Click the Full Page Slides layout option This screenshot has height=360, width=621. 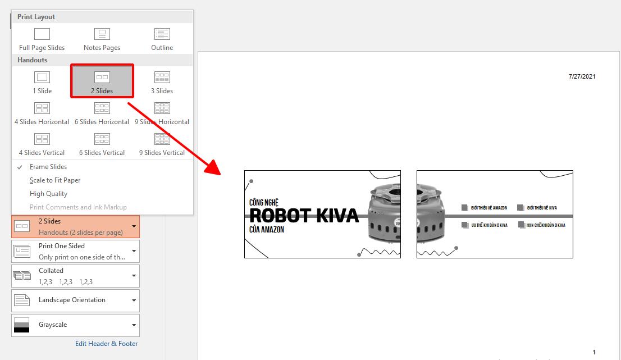[42, 39]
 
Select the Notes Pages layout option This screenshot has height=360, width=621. [102, 39]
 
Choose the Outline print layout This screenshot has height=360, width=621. [162, 39]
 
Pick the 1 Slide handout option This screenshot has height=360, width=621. [42, 82]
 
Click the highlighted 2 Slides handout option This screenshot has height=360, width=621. [102, 82]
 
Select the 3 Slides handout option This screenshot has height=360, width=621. [162, 82]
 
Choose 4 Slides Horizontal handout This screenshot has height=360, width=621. [42, 113]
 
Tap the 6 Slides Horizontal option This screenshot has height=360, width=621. [102, 113]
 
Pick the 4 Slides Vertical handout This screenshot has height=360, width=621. [42, 144]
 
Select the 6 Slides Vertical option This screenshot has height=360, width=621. [102, 144]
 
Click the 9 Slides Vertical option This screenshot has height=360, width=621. [162, 144]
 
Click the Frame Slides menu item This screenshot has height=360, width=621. [48, 167]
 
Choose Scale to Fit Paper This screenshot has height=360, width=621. [55, 180]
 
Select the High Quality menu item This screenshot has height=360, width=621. [48, 194]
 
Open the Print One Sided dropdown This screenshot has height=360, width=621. [76, 251]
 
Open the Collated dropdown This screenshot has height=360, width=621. [76, 276]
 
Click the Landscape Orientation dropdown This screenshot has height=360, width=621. [76, 300]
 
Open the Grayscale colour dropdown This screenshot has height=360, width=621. [76, 325]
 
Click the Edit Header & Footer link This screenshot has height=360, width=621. [107, 344]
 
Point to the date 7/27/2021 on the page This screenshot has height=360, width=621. [582, 76]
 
